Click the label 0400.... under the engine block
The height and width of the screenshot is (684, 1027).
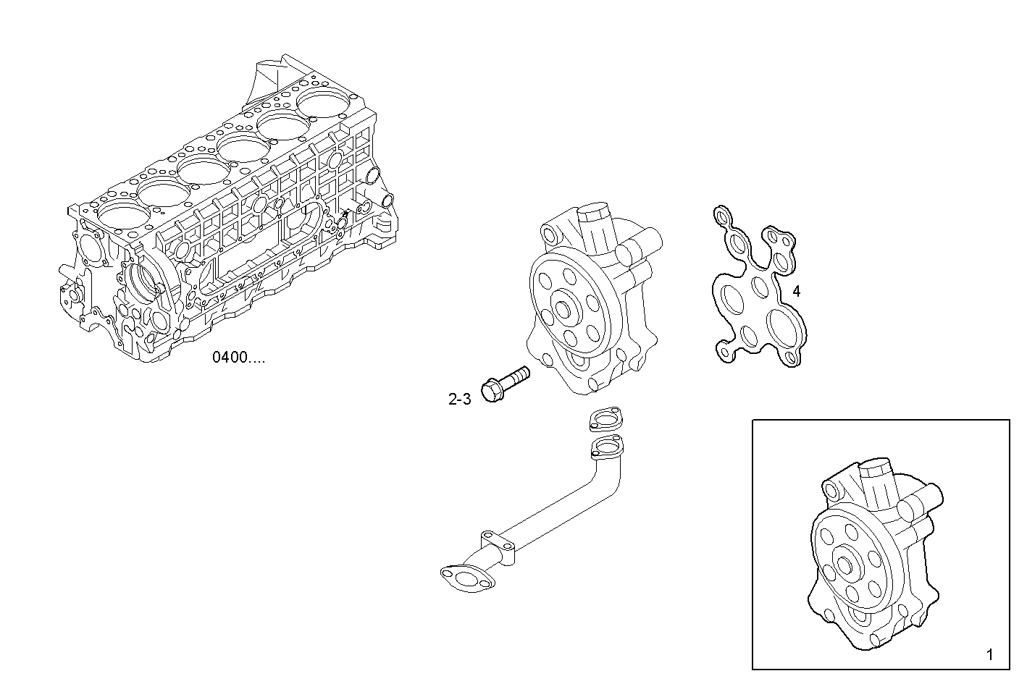238,357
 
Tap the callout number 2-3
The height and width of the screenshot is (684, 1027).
459,398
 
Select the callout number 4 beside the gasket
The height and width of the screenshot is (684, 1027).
796,292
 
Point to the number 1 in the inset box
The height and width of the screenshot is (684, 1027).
989,655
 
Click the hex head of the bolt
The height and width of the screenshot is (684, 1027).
494,391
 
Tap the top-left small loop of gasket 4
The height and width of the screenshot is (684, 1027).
721,215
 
